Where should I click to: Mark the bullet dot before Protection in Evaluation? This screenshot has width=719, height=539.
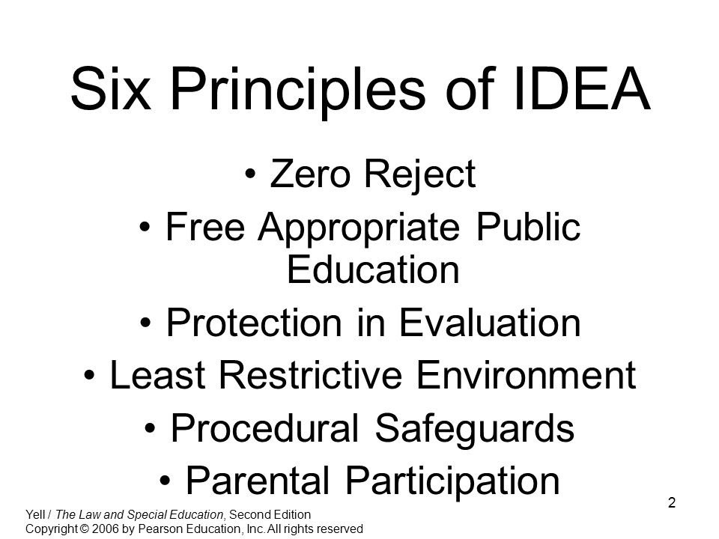tap(151, 324)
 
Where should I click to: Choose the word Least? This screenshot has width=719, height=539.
tap(152, 377)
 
